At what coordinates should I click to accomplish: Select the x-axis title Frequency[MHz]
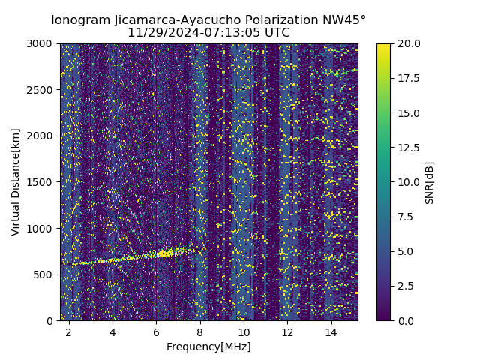[208, 346]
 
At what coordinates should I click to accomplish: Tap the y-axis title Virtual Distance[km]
[16, 181]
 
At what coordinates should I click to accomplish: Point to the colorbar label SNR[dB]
[430, 182]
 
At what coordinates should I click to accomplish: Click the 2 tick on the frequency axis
[69, 331]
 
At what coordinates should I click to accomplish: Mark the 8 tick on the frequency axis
[200, 331]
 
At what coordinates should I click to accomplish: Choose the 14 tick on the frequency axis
[331, 331]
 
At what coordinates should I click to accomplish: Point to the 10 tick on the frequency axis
[244, 331]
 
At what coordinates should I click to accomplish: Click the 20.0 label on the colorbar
[408, 44]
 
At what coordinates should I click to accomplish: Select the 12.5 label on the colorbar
[408, 148]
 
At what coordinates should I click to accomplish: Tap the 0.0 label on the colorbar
[405, 320]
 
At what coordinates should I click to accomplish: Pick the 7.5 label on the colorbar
[405, 217]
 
